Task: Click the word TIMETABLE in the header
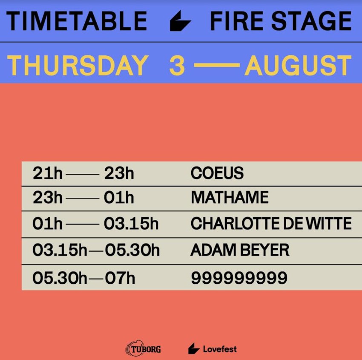77,21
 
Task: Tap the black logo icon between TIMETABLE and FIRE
180,21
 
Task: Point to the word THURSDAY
78,66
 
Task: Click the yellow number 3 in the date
177,66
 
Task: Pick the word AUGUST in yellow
298,66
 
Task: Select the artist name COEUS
217,173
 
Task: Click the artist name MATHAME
230,197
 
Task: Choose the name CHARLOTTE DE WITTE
271,223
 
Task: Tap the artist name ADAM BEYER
240,250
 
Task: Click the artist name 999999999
239,278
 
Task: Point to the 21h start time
48,173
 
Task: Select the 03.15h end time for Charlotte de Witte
131,223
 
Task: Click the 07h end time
120,278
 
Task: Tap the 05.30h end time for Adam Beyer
132,250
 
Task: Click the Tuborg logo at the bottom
143,348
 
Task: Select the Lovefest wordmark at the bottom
220,348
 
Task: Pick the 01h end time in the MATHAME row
119,197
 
